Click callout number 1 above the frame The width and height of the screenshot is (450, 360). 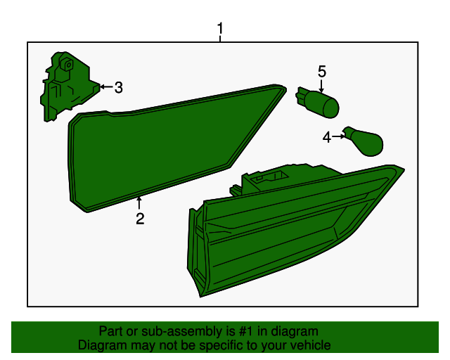point(220,28)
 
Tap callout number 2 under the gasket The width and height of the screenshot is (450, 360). point(140,219)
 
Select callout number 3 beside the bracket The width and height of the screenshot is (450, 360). point(119,87)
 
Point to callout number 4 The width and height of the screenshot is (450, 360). point(326,137)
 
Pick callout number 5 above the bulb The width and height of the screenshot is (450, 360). point(322,72)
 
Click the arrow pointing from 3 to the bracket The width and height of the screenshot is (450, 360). point(106,86)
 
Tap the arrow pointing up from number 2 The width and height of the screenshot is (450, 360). point(139,202)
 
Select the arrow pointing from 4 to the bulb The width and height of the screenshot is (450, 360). point(339,136)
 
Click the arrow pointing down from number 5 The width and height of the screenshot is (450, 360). point(321,86)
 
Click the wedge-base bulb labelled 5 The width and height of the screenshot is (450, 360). point(318,102)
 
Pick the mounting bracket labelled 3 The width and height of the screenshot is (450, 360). point(69,86)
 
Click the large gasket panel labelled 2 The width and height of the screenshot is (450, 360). point(161,146)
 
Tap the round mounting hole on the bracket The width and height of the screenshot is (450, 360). point(69,65)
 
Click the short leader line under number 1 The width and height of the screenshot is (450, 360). point(220,39)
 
